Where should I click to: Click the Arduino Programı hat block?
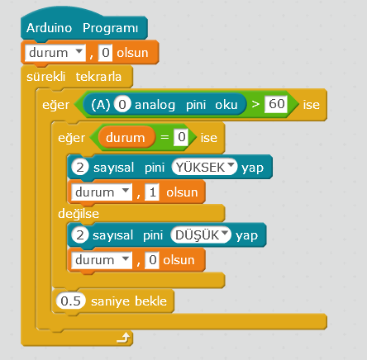point(84,27)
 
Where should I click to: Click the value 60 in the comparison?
point(276,104)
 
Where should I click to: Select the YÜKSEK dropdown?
point(204,167)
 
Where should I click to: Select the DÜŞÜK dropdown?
point(201,235)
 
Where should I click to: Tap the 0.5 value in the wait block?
point(71,301)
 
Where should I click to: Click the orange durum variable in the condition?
point(126,137)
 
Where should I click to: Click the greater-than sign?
point(255,104)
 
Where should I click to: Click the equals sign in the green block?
point(164,137)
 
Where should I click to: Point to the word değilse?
point(79,214)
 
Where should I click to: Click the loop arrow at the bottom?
point(123,338)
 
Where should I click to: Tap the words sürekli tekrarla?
point(74,77)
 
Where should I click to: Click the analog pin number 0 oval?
point(122,104)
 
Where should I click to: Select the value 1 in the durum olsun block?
point(152,192)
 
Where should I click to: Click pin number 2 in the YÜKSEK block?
point(80,167)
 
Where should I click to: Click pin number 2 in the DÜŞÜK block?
point(80,235)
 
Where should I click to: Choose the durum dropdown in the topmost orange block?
point(55,52)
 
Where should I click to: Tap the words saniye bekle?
point(129,301)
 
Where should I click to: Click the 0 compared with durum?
point(181,137)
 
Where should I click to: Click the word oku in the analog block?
point(226,105)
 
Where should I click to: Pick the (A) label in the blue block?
point(101,105)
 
